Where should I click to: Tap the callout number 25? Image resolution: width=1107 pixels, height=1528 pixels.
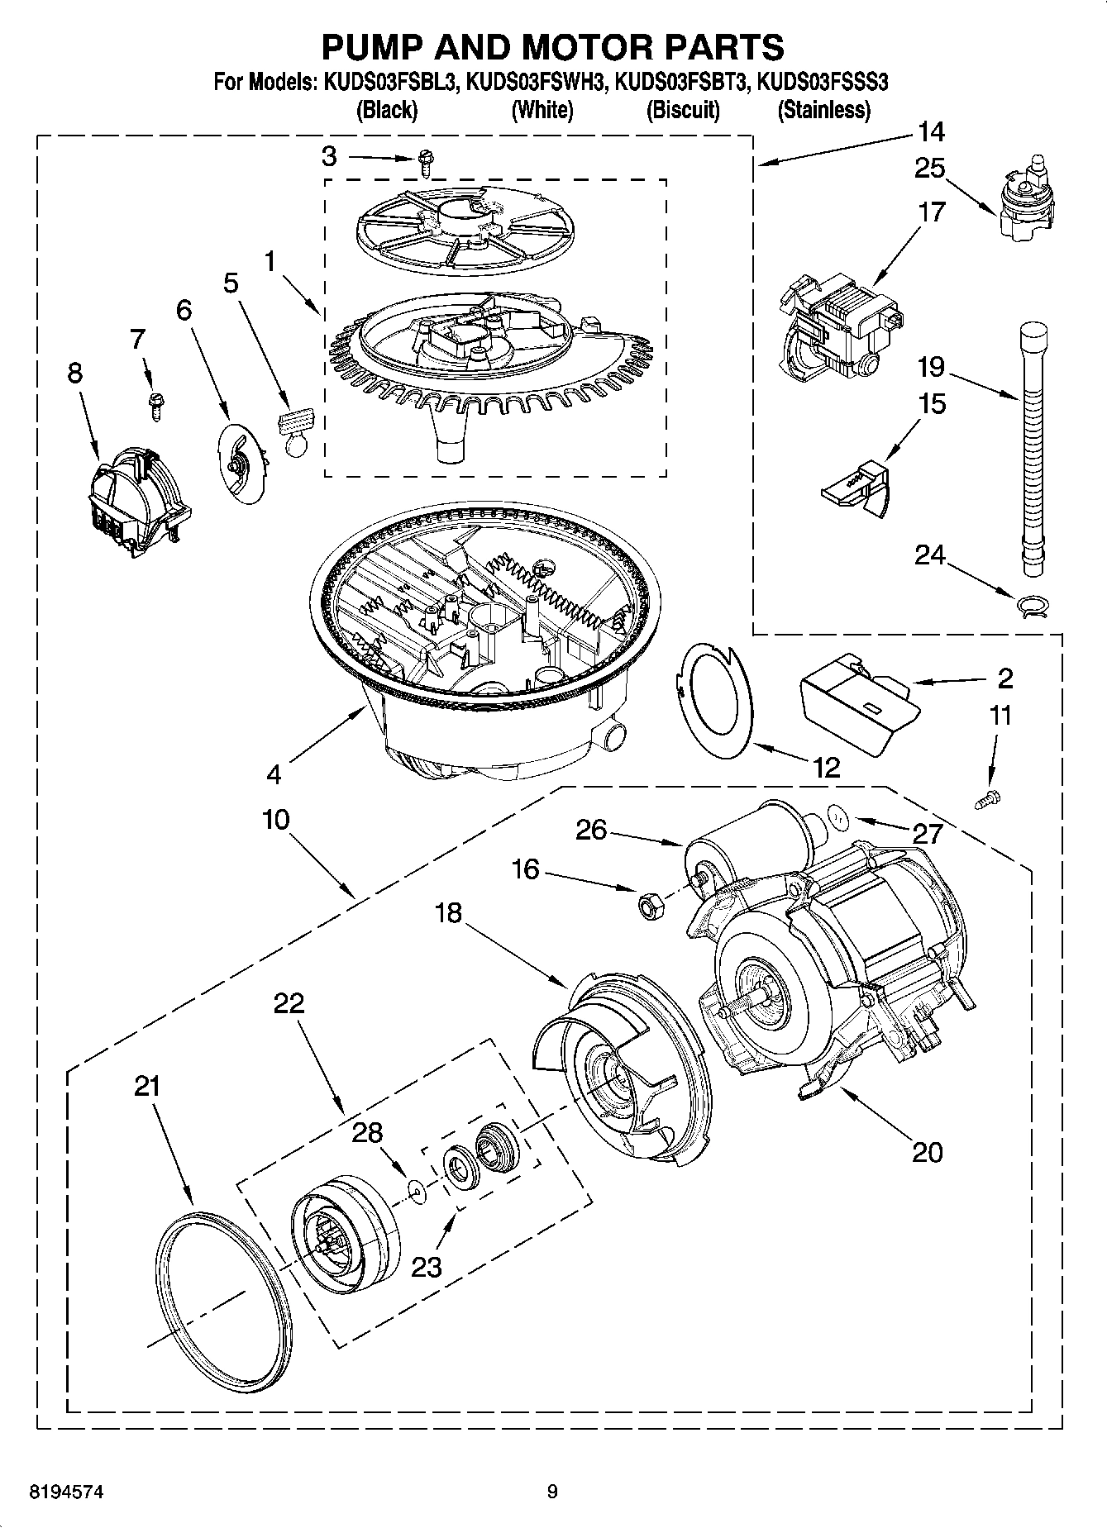(929, 169)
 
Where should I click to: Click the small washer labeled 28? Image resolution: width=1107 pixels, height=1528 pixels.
(417, 1189)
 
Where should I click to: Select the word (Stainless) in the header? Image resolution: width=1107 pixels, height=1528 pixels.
(823, 110)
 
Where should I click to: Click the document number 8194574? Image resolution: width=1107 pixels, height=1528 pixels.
(66, 1492)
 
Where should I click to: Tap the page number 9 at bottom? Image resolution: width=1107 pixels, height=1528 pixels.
(551, 1492)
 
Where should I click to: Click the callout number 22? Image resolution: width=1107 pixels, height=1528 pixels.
(289, 1003)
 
